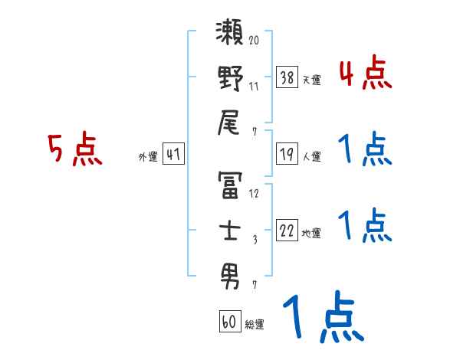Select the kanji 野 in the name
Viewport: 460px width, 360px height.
[230, 79]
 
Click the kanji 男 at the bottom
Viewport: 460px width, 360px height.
[230, 273]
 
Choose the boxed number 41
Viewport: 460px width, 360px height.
[173, 155]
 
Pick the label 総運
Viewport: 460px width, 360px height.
[254, 325]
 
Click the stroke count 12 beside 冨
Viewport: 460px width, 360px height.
[254, 194]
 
